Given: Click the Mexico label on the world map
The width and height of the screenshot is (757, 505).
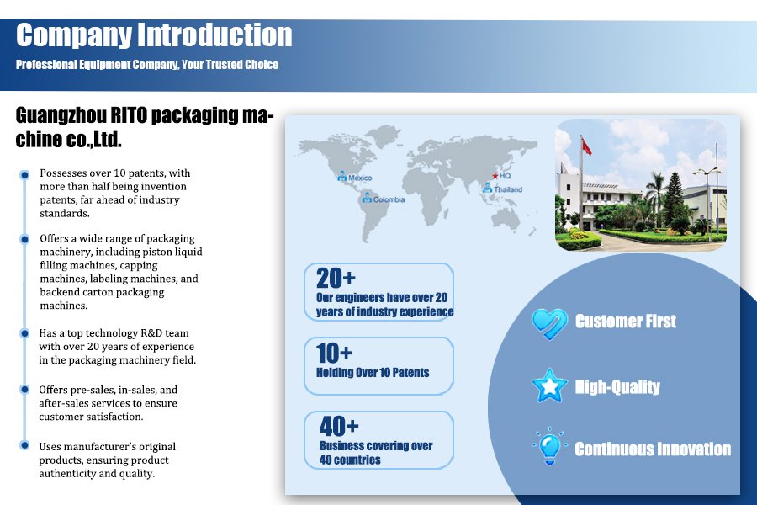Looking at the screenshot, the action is (x=360, y=178).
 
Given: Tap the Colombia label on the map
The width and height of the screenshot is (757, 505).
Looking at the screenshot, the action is (x=389, y=199).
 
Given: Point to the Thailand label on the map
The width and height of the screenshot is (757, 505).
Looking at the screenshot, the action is (x=508, y=189).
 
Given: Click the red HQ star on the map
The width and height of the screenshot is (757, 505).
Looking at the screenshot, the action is (x=495, y=176).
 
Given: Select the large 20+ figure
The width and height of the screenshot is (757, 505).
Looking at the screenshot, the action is (x=336, y=279).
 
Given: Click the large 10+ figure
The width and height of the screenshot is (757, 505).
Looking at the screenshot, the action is (x=334, y=353).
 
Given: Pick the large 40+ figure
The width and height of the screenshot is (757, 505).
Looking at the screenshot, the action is (x=339, y=426).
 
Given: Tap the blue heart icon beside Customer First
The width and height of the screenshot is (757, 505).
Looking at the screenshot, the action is (x=549, y=323).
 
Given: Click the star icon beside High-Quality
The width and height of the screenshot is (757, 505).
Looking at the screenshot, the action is (x=549, y=386).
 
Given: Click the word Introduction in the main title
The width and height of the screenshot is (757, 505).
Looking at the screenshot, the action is (x=214, y=35).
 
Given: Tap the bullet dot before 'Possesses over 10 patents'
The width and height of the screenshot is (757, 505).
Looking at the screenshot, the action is (x=24, y=174).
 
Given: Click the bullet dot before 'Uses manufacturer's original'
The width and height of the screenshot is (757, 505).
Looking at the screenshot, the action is (x=24, y=445).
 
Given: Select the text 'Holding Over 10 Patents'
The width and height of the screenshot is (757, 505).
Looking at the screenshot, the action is (x=373, y=373).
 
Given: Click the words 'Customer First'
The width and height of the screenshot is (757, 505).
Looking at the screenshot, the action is (x=626, y=322).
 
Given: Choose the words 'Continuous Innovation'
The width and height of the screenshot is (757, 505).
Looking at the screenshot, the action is (x=653, y=449).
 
